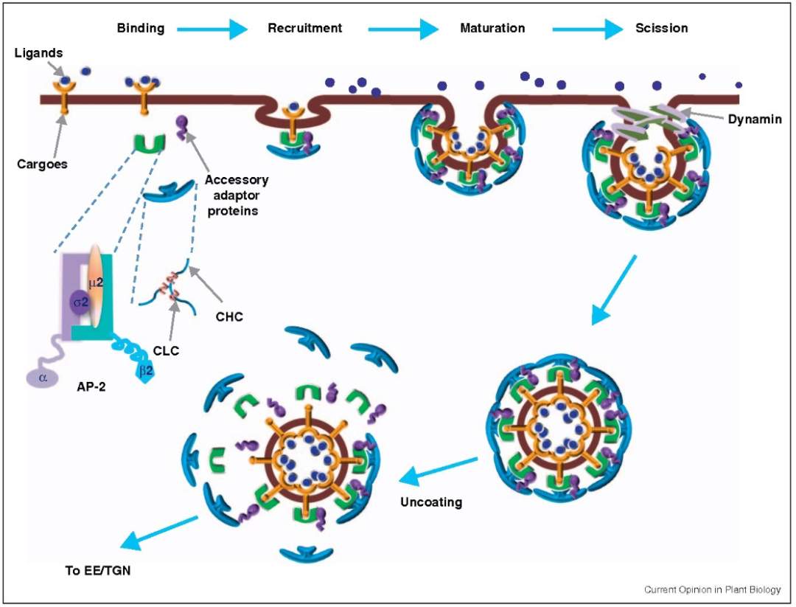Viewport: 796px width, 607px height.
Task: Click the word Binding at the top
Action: [141, 28]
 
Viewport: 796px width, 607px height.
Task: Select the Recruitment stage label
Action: [304, 28]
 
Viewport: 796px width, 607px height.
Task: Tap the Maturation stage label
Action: [492, 28]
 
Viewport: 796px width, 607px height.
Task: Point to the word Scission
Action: [661, 28]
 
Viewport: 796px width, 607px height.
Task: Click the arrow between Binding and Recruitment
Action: [212, 30]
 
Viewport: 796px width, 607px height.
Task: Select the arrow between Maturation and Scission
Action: [587, 30]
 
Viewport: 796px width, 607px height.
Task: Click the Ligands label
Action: [38, 53]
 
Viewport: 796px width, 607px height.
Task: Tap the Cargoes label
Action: [42, 164]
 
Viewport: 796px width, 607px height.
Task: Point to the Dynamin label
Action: [755, 119]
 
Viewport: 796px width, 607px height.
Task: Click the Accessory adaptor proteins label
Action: [236, 195]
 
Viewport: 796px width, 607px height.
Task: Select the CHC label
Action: [229, 317]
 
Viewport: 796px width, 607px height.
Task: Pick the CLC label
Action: [166, 351]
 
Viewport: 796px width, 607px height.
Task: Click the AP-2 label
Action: [91, 386]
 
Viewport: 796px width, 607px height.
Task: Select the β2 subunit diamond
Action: [146, 371]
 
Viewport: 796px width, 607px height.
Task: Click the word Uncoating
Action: [431, 502]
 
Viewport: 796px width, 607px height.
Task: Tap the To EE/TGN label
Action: [98, 570]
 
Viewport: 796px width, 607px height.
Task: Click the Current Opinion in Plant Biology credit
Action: [713, 590]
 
